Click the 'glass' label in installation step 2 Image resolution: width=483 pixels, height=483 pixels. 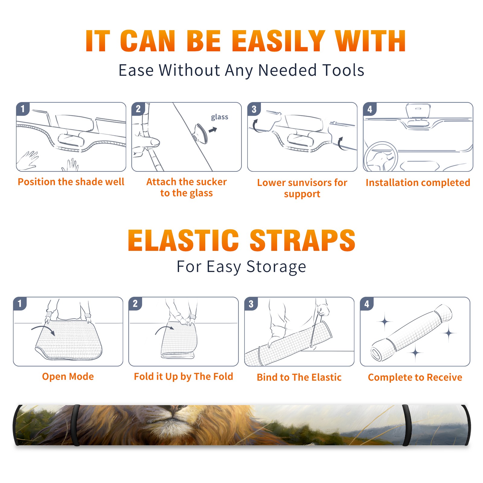click(x=219, y=117)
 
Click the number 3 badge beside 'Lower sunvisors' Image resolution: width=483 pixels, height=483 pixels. click(x=254, y=109)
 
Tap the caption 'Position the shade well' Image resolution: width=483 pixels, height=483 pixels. click(x=71, y=182)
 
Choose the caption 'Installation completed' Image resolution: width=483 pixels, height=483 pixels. click(x=418, y=183)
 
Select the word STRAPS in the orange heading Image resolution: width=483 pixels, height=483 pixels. click(x=302, y=240)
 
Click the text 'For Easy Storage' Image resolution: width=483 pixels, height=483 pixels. click(x=241, y=267)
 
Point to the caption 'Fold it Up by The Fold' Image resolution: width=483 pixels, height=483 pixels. click(x=184, y=376)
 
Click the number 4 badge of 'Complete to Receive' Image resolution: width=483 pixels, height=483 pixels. click(x=367, y=304)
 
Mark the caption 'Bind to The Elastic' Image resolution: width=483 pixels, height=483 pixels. click(x=299, y=377)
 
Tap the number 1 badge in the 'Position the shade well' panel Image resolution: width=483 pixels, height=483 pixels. click(x=23, y=109)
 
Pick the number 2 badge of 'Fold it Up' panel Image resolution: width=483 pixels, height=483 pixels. click(x=135, y=304)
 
